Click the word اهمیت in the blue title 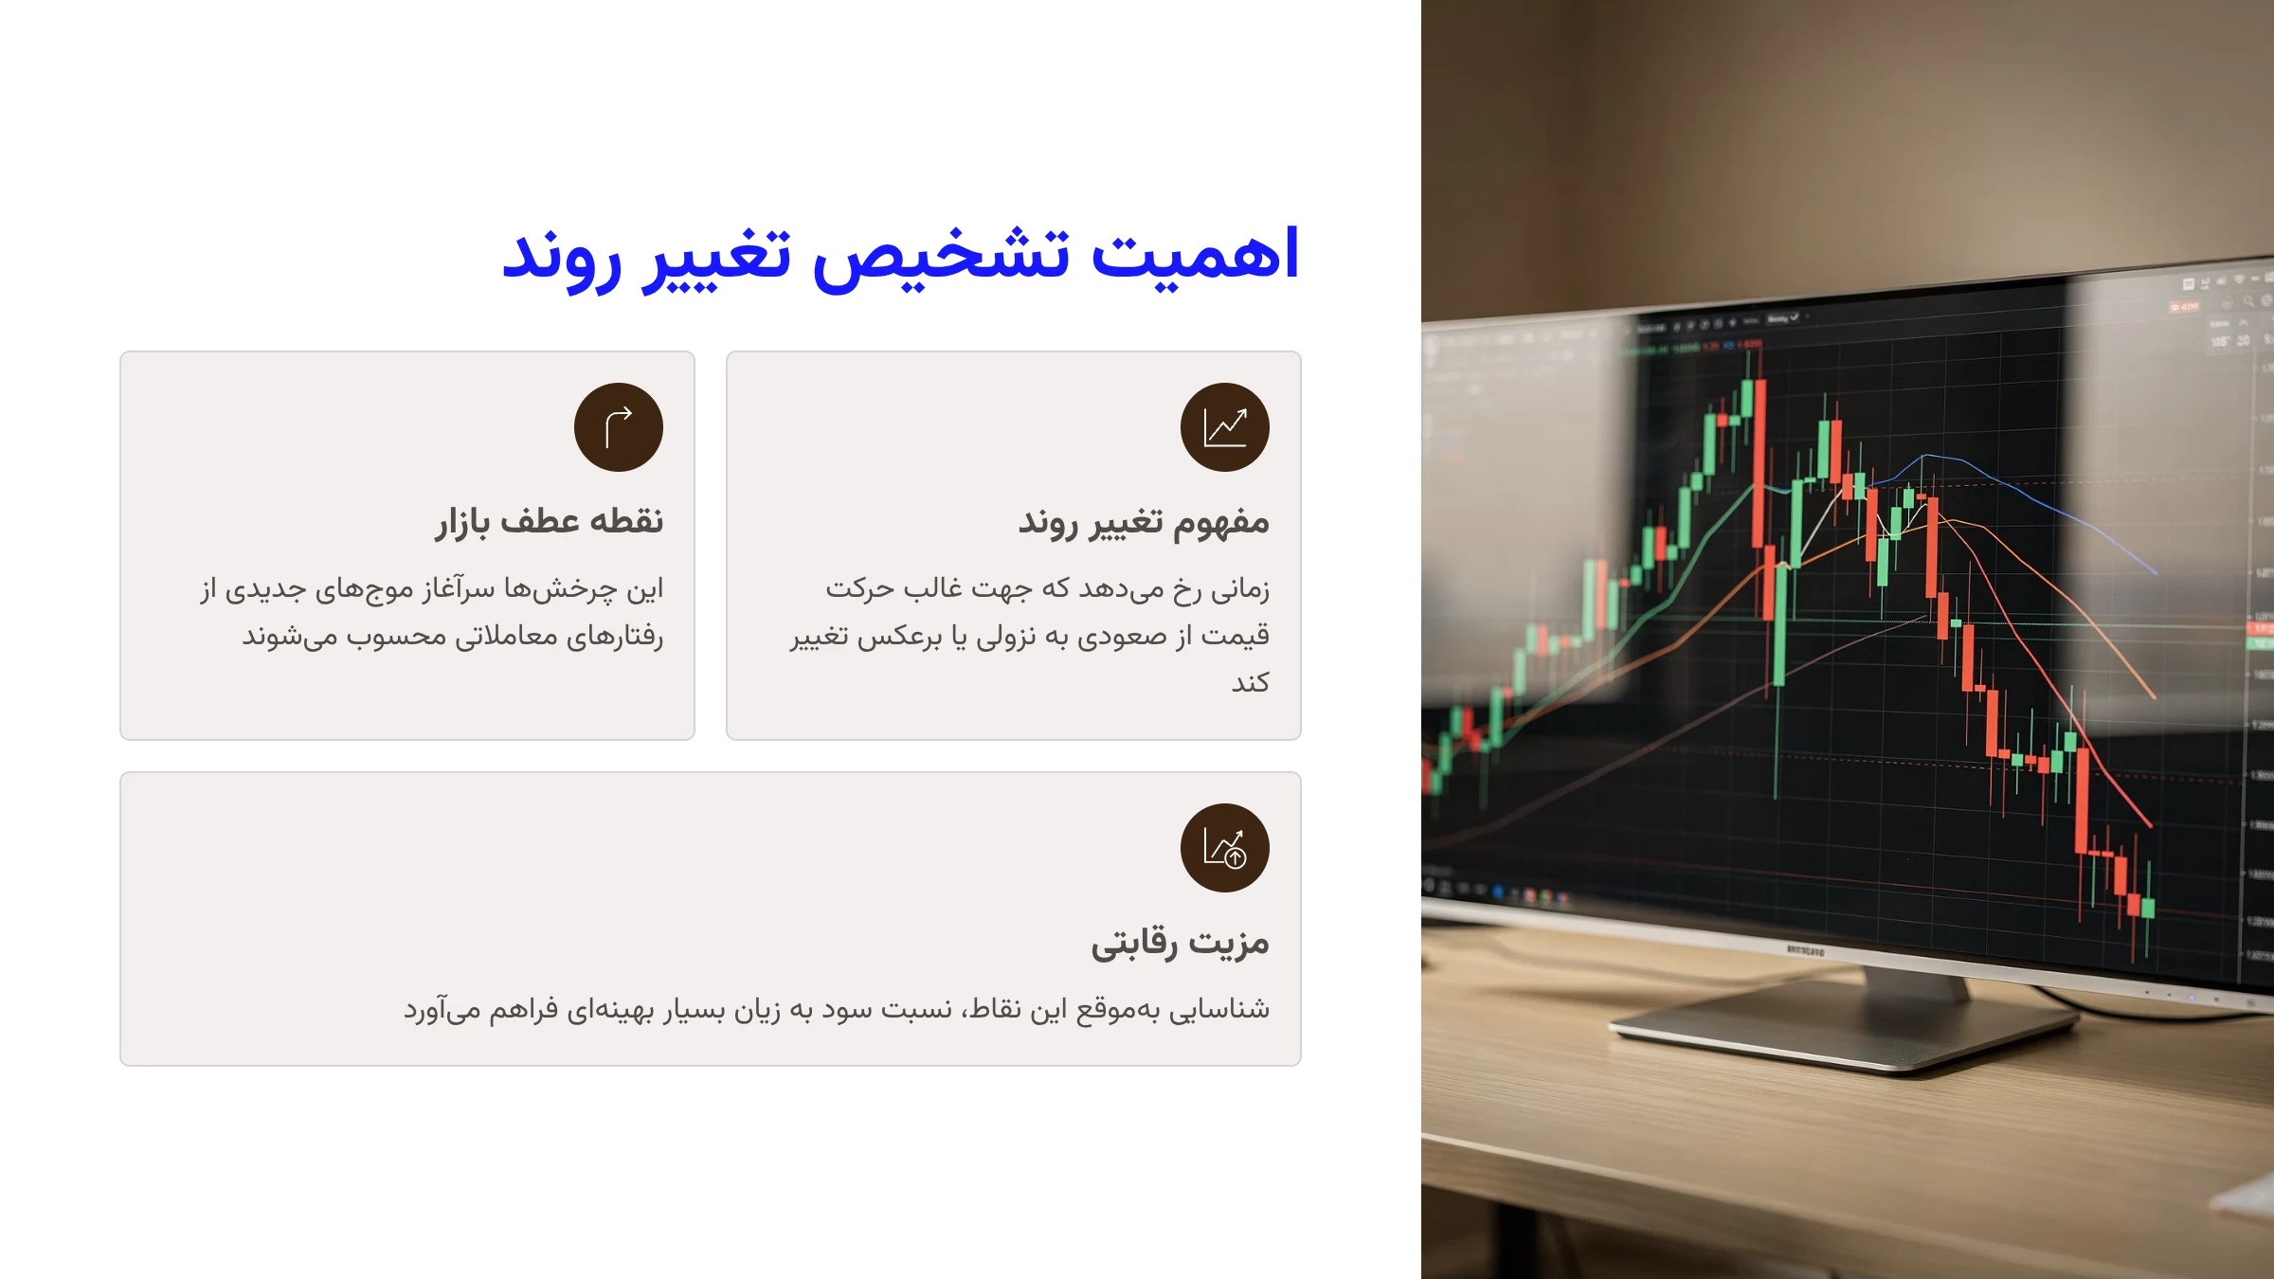(x=1196, y=256)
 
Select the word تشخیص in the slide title (x=941, y=258)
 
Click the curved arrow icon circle (x=619, y=427)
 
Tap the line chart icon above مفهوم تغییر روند (x=1224, y=427)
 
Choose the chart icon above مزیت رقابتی (x=1224, y=848)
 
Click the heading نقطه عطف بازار (x=549, y=521)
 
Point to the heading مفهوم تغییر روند (x=1143, y=521)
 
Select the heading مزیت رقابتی (x=1180, y=942)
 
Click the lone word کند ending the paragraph (x=1250, y=682)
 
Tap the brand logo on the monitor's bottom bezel (x=1804, y=949)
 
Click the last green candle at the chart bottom (x=2147, y=907)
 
